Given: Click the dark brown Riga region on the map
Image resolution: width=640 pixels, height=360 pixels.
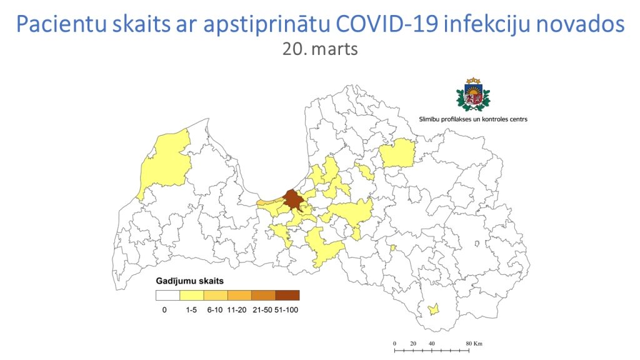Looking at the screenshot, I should coord(292,199).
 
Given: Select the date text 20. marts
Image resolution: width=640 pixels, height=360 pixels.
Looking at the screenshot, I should coord(320,49).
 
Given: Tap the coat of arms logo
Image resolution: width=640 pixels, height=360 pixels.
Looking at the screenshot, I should coord(473,95).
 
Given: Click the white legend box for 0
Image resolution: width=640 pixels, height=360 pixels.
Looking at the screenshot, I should coord(168,295).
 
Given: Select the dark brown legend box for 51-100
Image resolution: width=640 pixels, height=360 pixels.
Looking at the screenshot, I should coord(287,295).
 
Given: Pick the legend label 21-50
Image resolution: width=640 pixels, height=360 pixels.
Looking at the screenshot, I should coord(262,309).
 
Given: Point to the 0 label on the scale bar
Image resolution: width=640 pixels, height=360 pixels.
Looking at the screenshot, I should coord(394,344).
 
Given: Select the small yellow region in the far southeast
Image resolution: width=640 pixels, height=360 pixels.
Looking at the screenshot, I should coord(432,309).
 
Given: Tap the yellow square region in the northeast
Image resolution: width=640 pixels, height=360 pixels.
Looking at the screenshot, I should coord(397,153).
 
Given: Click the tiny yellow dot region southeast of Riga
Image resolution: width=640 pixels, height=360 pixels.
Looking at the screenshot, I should coord(393,248).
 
